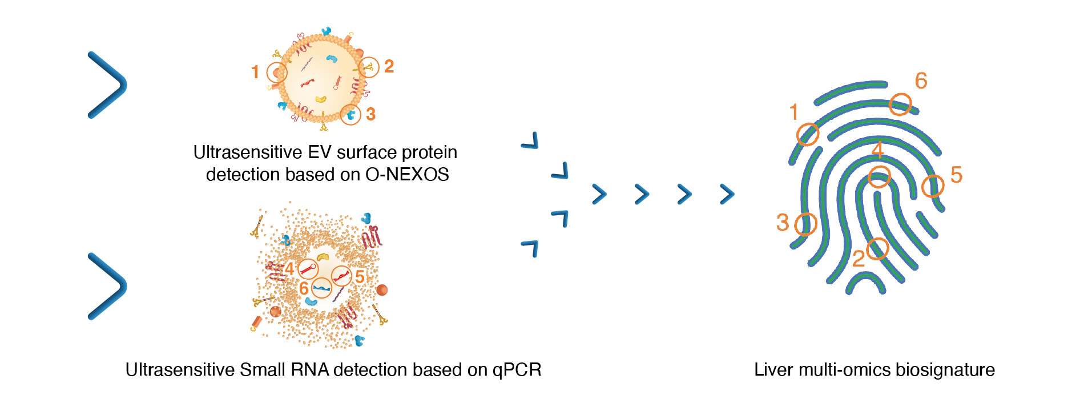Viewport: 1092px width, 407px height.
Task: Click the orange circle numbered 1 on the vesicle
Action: point(277,72)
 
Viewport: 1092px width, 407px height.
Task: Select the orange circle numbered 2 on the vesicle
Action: point(369,67)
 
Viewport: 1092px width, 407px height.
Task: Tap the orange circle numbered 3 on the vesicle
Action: point(350,114)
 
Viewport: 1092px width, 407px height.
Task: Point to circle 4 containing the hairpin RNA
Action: point(308,268)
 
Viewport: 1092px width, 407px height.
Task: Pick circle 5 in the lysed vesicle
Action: point(341,276)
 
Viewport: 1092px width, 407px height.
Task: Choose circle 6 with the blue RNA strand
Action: point(321,288)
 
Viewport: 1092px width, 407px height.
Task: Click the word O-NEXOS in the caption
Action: point(407,174)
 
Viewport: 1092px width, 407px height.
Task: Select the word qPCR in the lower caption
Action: point(517,370)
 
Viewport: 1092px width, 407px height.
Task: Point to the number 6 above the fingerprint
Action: point(921,81)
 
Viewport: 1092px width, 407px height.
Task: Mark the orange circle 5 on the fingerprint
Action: point(933,186)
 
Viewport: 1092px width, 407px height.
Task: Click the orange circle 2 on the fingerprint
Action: point(877,249)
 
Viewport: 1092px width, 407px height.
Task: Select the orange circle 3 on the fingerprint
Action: point(805,224)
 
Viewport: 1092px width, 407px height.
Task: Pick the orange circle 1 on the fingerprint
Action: point(808,135)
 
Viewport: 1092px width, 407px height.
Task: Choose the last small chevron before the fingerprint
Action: point(727,194)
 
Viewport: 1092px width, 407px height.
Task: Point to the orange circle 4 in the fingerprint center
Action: point(879,177)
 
